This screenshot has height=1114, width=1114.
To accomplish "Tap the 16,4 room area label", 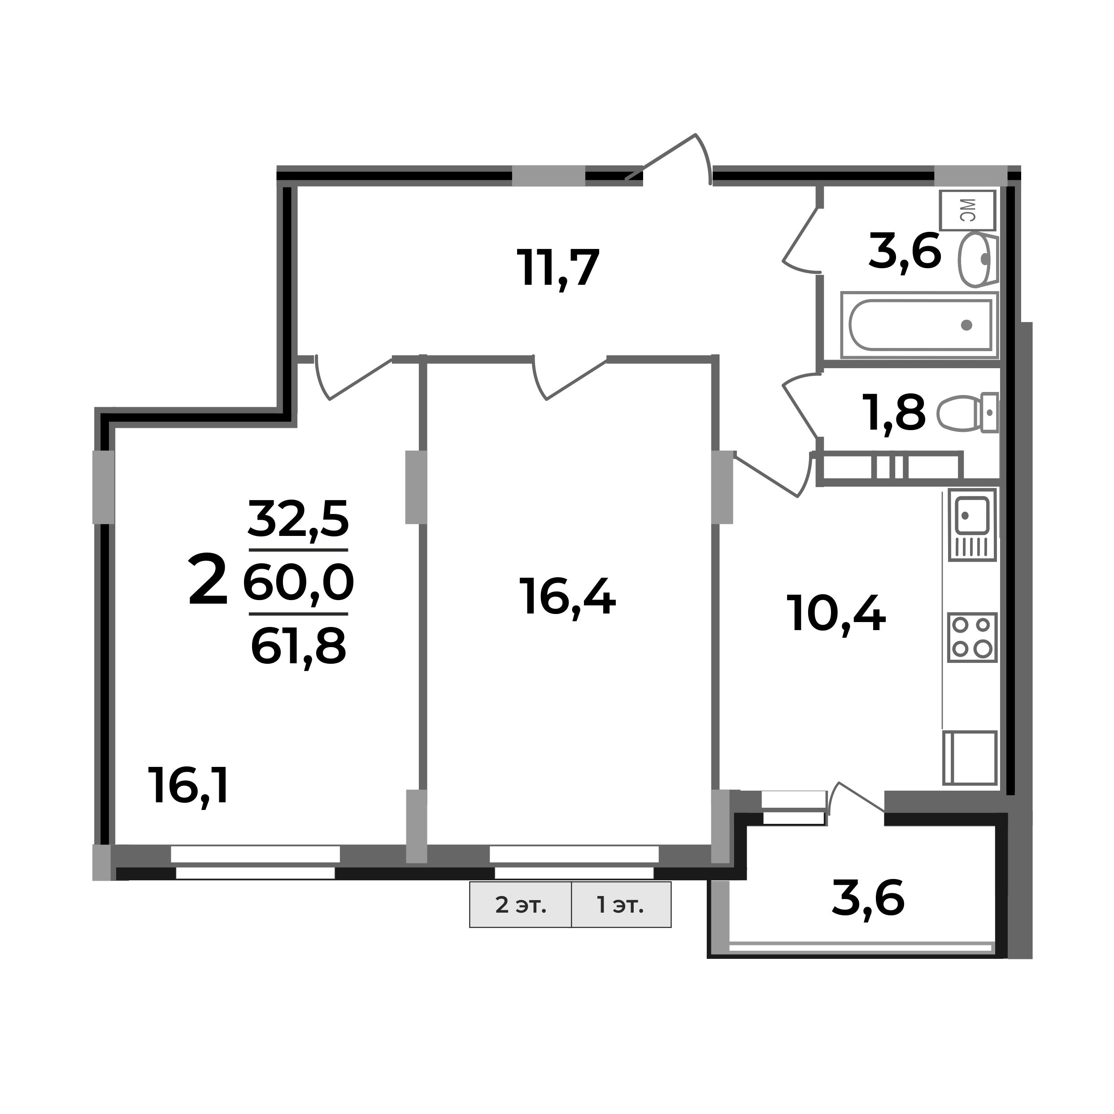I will tap(567, 598).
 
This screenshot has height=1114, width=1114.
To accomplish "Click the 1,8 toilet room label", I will tap(894, 413).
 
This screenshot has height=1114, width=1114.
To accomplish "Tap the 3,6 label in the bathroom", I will tap(904, 252).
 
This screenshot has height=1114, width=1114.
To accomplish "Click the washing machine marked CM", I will tap(967, 210).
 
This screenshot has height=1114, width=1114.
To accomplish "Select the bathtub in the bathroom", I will tap(920, 325).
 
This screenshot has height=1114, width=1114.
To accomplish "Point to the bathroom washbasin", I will tap(977, 260).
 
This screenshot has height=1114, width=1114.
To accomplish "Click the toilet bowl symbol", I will tap(966, 413).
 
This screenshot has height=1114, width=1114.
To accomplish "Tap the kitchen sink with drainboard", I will tap(972, 525).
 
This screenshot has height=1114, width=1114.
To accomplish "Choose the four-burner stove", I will tap(972, 637).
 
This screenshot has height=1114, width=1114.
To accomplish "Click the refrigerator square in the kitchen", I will tap(970, 758).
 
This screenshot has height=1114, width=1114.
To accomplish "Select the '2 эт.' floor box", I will tap(520, 905).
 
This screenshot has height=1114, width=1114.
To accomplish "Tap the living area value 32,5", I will tap(298, 518).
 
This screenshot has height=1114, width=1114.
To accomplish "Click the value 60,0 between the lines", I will tap(298, 583).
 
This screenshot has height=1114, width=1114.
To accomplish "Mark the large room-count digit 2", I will tap(208, 579).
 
